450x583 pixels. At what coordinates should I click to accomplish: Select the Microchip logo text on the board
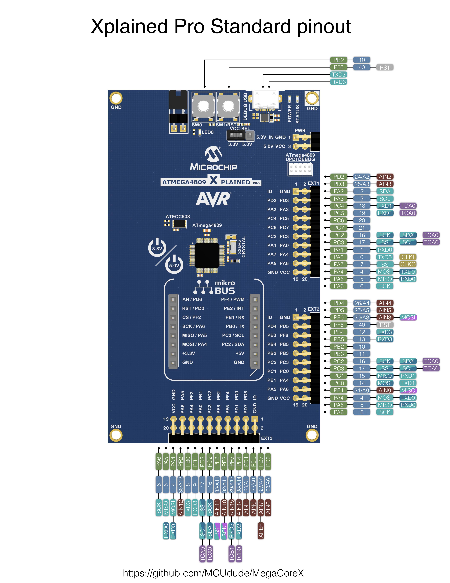(213, 167)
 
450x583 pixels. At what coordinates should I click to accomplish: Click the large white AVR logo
(213, 199)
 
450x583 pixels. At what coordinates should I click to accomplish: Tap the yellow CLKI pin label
(408, 257)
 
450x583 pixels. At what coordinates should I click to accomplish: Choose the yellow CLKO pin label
(408, 264)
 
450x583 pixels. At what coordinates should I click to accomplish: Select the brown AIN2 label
(385, 177)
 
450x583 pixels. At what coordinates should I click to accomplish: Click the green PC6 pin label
(339, 220)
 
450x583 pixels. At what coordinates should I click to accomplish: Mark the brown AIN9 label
(385, 390)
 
